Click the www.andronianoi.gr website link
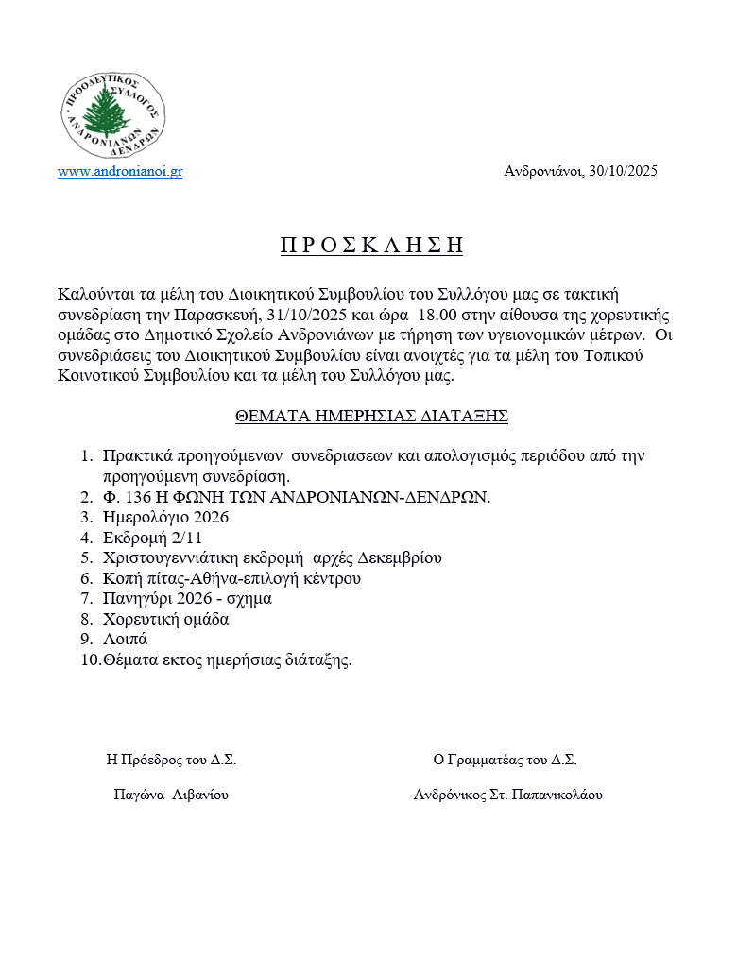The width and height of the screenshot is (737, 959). [120, 172]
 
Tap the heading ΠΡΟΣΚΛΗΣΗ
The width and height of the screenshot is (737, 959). [371, 246]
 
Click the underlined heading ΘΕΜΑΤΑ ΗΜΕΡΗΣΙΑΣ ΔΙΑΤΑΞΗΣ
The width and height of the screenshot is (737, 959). [372, 416]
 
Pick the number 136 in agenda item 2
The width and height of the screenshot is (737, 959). [136, 497]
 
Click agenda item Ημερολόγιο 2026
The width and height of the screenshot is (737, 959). [166, 518]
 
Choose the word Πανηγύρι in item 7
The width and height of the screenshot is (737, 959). [138, 599]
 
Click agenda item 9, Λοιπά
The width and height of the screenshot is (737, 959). [126, 640]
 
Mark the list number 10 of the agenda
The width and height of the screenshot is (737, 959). [90, 660]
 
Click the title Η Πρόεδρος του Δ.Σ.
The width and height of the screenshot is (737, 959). [172, 760]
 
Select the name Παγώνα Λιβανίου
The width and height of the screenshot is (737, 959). [171, 795]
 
